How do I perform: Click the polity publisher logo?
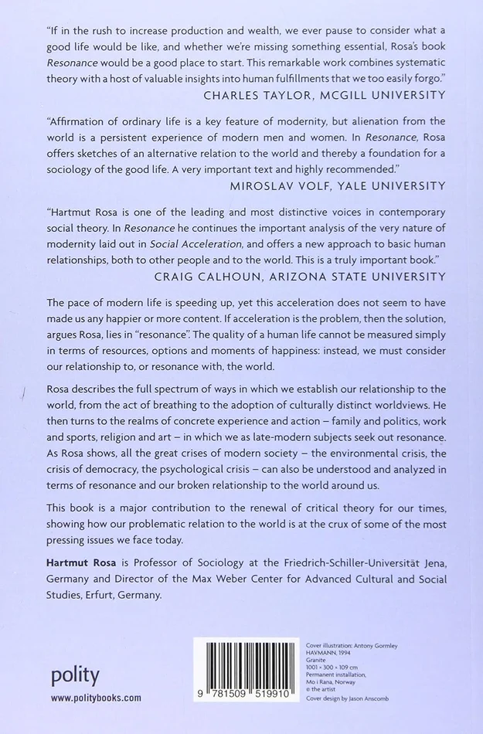(x=75, y=675)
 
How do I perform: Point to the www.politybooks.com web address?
(x=97, y=698)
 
